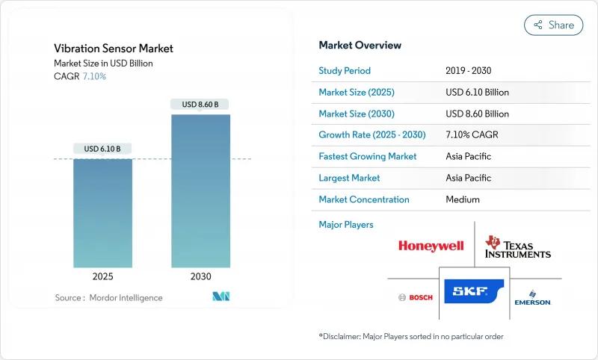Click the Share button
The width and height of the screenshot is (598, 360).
point(553,25)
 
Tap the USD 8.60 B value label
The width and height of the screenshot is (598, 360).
point(200,105)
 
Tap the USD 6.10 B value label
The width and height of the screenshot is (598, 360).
point(102,149)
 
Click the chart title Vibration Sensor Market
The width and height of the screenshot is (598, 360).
point(114,49)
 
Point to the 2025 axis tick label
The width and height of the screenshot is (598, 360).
point(102,276)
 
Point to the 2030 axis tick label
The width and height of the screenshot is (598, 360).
point(200,276)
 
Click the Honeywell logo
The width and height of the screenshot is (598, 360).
point(431,246)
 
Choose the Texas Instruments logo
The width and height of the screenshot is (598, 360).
point(518,246)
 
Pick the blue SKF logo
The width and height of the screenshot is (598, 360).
point(474,291)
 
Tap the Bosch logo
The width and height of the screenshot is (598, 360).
point(415,298)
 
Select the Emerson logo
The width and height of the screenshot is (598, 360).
point(532,297)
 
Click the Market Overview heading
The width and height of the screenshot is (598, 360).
point(360,46)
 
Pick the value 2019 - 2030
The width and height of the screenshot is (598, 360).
point(468,71)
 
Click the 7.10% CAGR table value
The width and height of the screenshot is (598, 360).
point(473,135)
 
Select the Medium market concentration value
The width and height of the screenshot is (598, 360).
point(462,199)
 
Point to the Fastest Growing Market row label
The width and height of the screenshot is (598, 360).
point(368,157)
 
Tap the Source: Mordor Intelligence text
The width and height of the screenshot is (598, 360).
point(108,298)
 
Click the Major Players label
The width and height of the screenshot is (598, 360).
point(346,225)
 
